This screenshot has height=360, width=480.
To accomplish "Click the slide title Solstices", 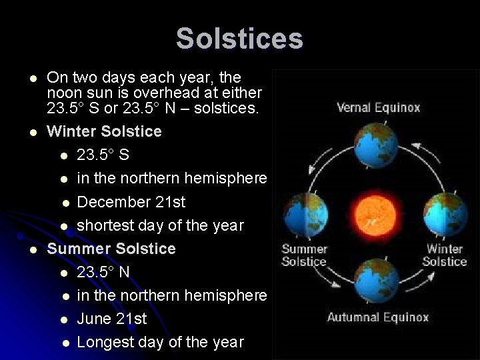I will (239, 39).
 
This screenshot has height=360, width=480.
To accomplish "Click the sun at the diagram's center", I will (377, 213).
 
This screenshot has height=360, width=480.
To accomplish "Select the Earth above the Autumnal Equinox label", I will (377, 282).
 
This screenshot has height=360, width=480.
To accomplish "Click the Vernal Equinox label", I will (378, 107).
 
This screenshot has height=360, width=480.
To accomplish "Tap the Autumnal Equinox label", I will (377, 317).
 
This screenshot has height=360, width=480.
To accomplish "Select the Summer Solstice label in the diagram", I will (304, 255).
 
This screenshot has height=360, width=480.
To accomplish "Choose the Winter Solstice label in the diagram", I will (445, 255).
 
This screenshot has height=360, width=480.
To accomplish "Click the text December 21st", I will (131, 202).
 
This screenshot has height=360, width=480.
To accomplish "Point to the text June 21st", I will (112, 319).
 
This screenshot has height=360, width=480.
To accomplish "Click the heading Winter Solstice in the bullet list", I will (104, 131).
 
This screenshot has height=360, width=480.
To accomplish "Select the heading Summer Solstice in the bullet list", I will (111, 249).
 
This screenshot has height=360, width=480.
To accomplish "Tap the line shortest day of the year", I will (160, 225).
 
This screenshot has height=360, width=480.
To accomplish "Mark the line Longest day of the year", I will (160, 342).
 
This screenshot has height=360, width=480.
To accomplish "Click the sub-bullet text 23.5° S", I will (103, 155).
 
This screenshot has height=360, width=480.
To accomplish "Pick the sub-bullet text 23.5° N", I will (103, 272).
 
